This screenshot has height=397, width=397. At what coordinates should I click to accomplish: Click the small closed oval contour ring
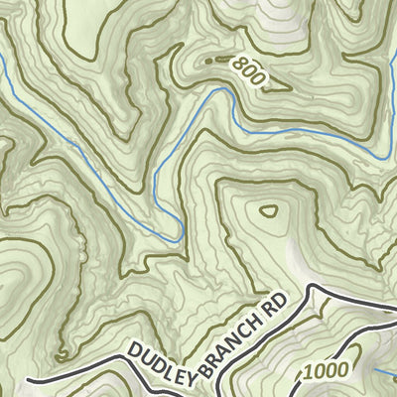[269, 210]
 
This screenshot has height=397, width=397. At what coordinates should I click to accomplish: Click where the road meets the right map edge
[395, 304]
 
